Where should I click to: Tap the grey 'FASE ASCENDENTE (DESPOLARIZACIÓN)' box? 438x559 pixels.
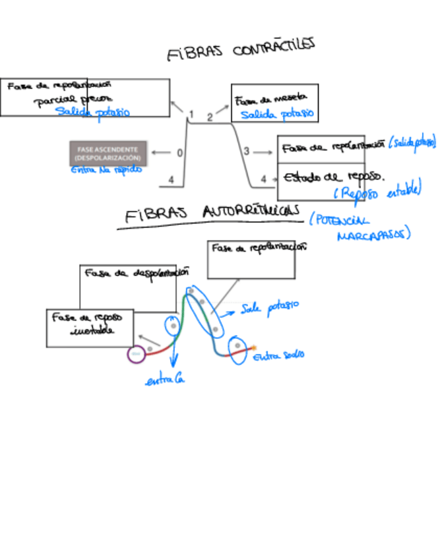[108, 154]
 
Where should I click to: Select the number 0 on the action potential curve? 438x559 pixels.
[180, 153]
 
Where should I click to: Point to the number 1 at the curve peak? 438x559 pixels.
[191, 114]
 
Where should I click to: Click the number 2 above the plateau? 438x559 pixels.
[210, 117]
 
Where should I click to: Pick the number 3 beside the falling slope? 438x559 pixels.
[246, 152]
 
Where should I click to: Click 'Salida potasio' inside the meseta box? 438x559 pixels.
[276, 115]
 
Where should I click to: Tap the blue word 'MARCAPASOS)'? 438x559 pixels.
[373, 235]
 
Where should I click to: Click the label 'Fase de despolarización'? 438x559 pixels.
[137, 273]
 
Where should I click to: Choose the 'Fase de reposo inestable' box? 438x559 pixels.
[90, 328]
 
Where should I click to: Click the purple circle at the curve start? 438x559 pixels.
[137, 354]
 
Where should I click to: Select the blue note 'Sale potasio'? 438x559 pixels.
[270, 307]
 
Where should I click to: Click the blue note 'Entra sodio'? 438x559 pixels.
[278, 355]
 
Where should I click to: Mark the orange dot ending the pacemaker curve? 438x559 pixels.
[254, 347]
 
